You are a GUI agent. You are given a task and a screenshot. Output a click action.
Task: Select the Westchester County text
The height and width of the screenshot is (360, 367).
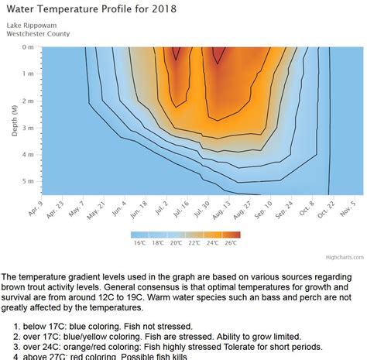click(37, 33)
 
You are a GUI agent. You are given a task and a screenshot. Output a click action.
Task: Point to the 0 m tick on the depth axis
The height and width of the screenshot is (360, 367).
click(29, 47)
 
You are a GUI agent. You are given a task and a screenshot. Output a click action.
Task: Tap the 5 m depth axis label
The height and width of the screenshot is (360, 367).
click(29, 181)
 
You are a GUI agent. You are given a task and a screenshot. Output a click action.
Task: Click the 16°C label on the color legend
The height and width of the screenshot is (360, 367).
click(139, 243)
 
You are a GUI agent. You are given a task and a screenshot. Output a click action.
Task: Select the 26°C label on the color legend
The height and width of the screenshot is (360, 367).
click(232, 243)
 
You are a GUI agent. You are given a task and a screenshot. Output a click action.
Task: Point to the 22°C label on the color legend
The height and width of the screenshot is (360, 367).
click(194, 243)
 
